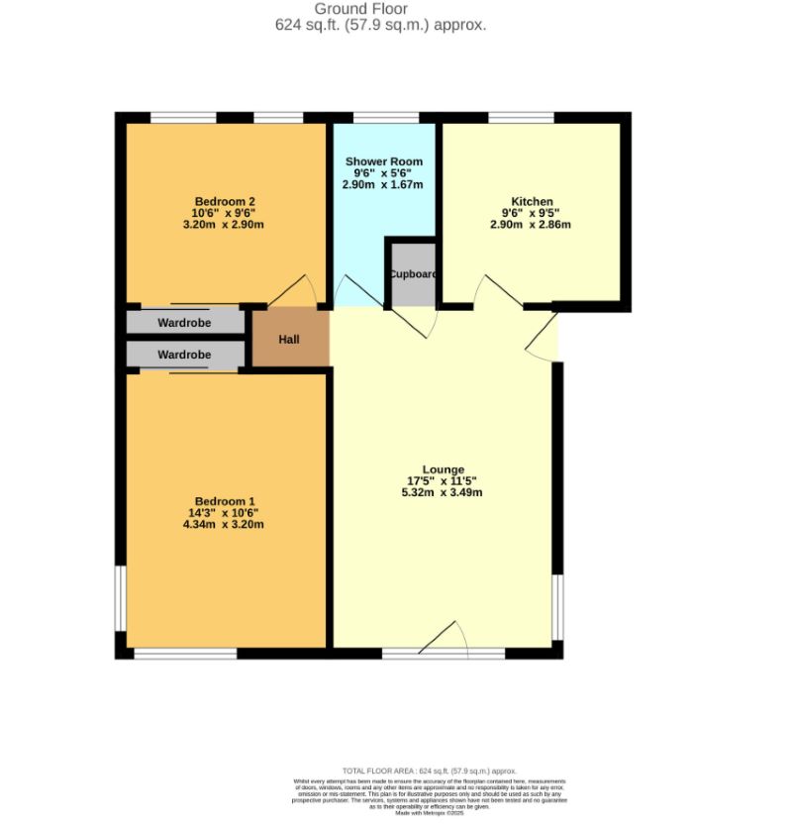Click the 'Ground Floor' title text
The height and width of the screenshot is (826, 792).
coord(380,10)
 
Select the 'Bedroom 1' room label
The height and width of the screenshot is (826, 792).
coord(223,499)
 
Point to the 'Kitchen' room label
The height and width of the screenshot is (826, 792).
coord(531,201)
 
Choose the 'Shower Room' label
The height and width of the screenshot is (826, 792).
coord(383,161)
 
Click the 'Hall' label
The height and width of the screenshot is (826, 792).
coord(288,340)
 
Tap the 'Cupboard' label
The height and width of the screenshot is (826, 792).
coord(413,274)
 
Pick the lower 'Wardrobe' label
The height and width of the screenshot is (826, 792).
coord(184,355)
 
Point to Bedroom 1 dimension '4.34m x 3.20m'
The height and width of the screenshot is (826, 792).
coord(223,524)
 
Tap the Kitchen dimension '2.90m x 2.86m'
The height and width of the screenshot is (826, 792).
coord(531,225)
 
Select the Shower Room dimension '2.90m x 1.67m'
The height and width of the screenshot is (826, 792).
coord(383,185)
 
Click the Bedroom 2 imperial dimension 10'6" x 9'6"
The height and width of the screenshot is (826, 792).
coord(223,212)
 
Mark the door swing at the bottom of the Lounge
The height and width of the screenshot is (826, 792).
coord(446,637)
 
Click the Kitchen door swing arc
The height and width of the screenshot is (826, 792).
coord(494,292)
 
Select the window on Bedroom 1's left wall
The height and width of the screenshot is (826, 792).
coord(120,597)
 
